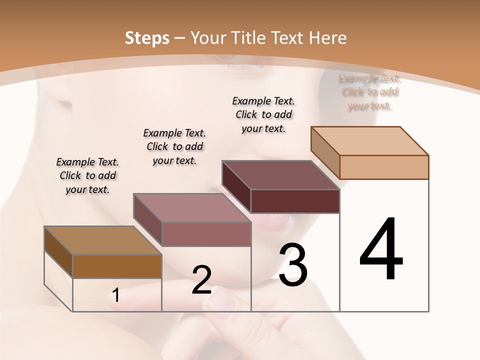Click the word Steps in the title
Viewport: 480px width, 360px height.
pos(147,38)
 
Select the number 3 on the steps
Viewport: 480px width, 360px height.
pos(293,265)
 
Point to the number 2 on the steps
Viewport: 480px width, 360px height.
pos(201,280)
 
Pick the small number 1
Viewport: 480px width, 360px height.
pos(116,295)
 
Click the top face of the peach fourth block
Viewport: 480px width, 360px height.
pos(369,141)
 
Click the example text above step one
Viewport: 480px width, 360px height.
pos(87,175)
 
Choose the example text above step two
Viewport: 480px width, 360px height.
pos(174,146)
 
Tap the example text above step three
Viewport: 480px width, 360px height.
pos(263,114)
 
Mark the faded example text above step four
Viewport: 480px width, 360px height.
pos(369,92)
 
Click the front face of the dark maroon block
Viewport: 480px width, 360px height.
pos(295,201)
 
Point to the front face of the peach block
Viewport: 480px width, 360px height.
pos(384,167)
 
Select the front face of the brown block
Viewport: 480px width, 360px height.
pos(117,266)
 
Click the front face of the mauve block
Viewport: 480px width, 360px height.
pos(206,234)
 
